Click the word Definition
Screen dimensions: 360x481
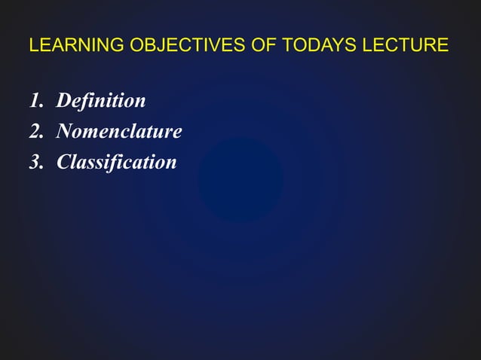101,100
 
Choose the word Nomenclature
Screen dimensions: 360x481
119,132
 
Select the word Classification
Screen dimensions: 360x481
117,162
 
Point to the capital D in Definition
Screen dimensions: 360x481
64,100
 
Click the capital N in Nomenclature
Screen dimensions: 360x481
65,132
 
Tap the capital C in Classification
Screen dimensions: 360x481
64,162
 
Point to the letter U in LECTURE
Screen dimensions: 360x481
421,46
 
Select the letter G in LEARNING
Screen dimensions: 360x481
118,46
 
